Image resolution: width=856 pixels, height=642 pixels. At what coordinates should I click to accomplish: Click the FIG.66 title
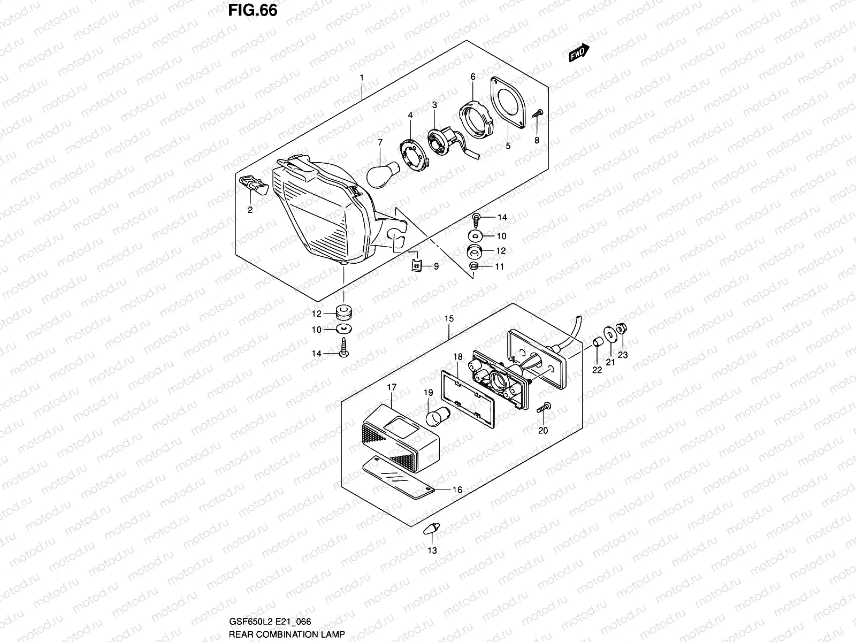(253, 10)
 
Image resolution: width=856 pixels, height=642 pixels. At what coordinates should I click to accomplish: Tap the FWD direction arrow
(579, 53)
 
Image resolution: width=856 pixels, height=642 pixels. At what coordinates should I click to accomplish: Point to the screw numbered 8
(538, 113)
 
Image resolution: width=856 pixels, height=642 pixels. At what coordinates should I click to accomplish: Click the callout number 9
(436, 266)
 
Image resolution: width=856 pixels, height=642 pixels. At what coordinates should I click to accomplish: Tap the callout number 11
(499, 266)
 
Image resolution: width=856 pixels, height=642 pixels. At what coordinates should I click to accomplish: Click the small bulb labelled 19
(436, 416)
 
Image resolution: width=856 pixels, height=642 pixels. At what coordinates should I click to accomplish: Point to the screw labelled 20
(543, 408)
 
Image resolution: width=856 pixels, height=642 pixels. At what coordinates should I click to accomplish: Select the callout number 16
(457, 490)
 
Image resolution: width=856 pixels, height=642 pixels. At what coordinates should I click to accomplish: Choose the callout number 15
(449, 319)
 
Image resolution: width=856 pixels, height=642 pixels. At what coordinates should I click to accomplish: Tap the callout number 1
(362, 78)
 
